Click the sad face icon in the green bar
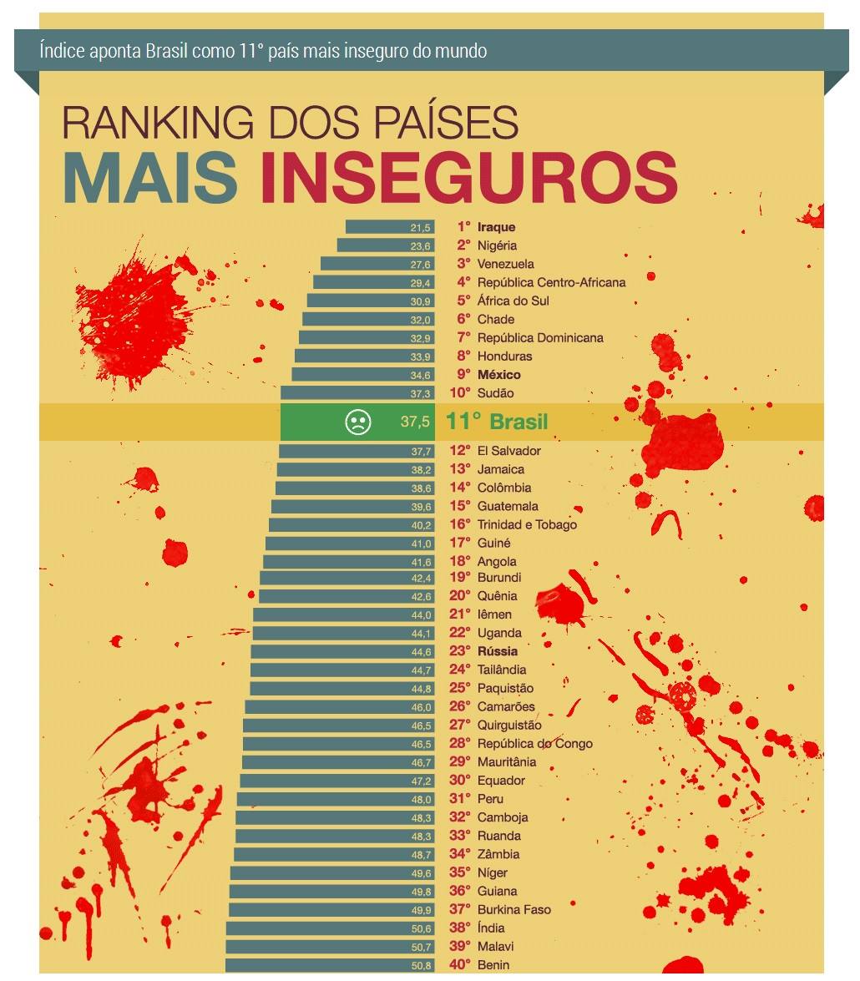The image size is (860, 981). (x=357, y=422)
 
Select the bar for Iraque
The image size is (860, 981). (x=390, y=227)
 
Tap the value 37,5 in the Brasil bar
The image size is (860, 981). (x=415, y=422)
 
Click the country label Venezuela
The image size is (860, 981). (x=505, y=264)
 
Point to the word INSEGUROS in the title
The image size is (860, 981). (x=469, y=177)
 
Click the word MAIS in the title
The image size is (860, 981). (x=150, y=177)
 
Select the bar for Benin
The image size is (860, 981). (x=331, y=965)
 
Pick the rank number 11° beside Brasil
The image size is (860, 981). (x=463, y=422)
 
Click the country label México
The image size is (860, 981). (x=498, y=375)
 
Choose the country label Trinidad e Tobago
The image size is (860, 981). (x=527, y=524)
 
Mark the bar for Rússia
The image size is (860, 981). (x=343, y=652)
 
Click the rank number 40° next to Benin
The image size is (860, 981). (x=460, y=965)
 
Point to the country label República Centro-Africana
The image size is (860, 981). (x=551, y=282)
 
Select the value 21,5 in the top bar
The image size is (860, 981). (x=420, y=228)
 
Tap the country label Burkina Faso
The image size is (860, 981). (x=514, y=910)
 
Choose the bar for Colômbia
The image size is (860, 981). (x=355, y=488)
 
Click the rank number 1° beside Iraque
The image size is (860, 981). (x=463, y=227)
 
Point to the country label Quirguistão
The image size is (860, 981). (x=509, y=726)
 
